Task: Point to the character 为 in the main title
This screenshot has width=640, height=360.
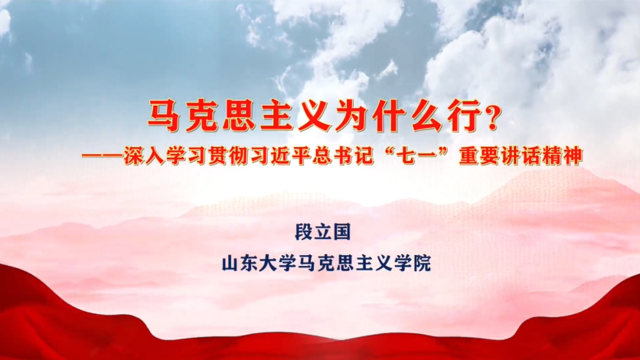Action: (352, 117)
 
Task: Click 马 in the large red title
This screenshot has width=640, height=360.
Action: (164, 117)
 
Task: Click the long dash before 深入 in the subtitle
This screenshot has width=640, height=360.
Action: (103, 156)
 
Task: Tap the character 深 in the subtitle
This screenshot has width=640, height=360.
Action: (134, 156)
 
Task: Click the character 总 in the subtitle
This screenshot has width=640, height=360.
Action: (322, 156)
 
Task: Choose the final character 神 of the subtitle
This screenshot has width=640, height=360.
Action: (572, 156)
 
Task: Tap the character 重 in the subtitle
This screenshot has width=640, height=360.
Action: (469, 156)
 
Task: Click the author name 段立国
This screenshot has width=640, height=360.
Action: (323, 232)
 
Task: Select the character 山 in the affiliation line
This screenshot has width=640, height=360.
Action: (230, 263)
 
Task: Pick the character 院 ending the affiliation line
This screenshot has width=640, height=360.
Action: (423, 263)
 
